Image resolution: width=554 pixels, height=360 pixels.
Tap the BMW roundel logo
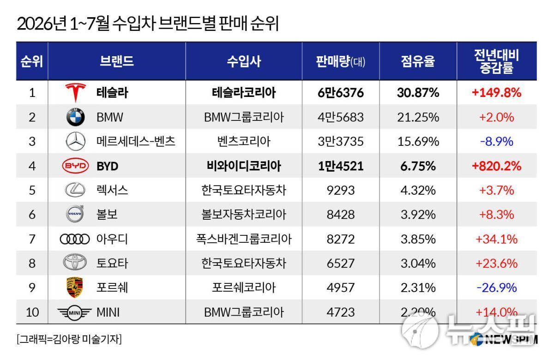click(76, 117)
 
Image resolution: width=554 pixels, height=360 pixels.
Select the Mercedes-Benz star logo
click(76, 141)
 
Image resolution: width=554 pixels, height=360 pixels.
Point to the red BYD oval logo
click(75, 166)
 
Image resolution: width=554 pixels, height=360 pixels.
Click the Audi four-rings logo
click(75, 239)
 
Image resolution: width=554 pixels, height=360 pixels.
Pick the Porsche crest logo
click(75, 287)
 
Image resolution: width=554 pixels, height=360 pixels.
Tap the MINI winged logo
click(74, 313)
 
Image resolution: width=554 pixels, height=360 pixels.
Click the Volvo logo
click(75, 214)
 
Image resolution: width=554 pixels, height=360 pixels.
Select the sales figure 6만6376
click(341, 93)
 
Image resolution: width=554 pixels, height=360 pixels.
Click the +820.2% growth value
click(497, 166)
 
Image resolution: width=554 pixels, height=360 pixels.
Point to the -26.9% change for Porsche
click(497, 288)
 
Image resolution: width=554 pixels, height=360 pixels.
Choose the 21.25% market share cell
click(418, 117)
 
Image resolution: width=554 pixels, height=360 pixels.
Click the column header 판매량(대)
click(341, 61)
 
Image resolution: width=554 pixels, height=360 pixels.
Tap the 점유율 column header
click(418, 61)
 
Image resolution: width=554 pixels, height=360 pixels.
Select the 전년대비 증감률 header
click(497, 61)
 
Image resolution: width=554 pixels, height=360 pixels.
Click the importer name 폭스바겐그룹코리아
click(244, 239)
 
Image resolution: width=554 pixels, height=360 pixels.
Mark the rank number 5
click(32, 190)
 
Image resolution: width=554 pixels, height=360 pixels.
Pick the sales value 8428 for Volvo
click(341, 215)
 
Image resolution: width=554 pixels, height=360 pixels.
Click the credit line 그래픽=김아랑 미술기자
click(69, 339)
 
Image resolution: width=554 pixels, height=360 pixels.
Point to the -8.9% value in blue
click(497, 142)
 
